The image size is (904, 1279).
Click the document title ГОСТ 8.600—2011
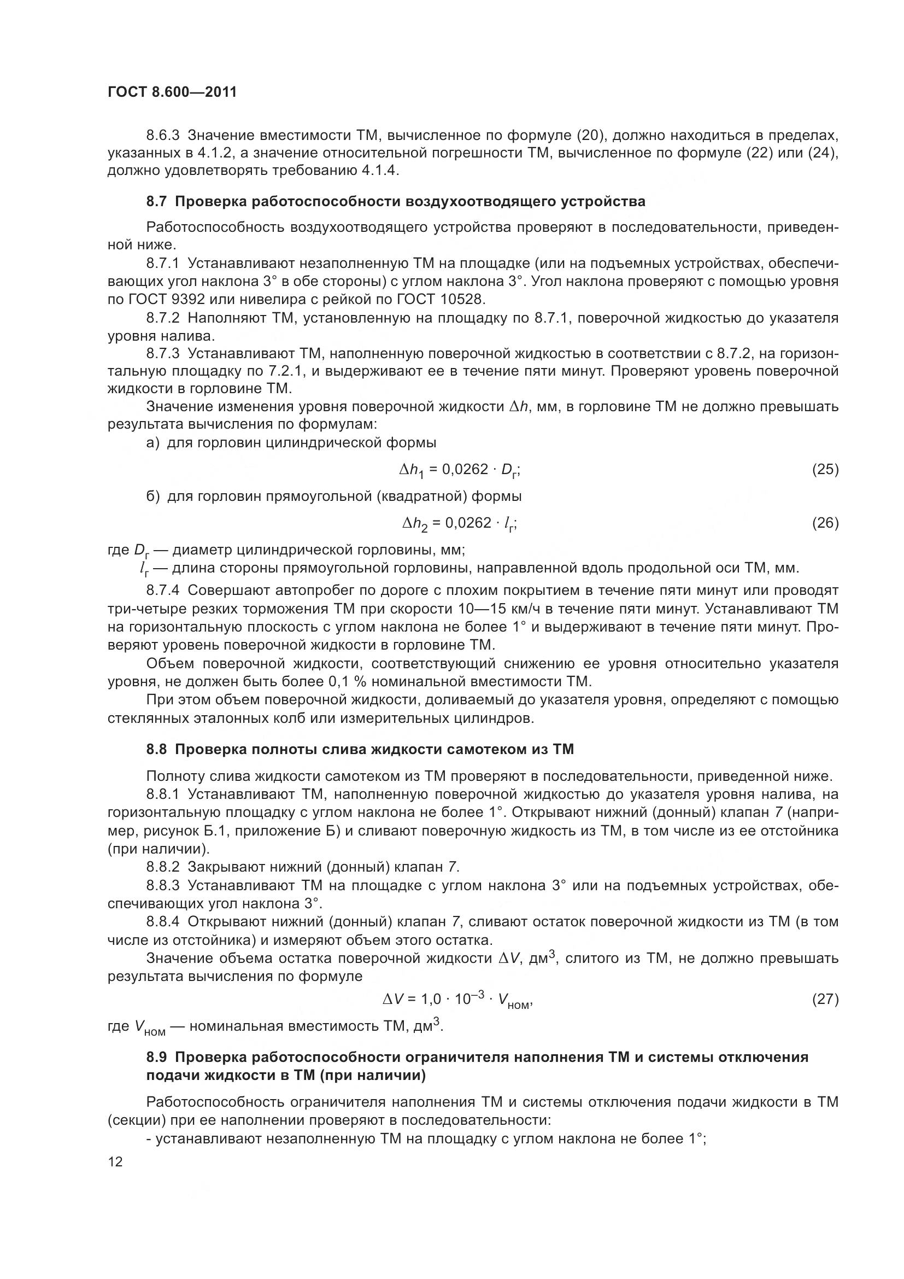pyautogui.click(x=172, y=92)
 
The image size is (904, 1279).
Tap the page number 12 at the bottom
pyautogui.click(x=115, y=1161)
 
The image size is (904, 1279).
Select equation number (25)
pyautogui.click(x=825, y=470)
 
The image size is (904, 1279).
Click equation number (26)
pyautogui.click(x=825, y=523)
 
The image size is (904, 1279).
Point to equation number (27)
pyautogui.click(x=825, y=999)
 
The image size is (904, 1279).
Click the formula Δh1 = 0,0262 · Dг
pyautogui.click(x=460, y=471)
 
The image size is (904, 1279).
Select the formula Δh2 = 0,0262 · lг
pyautogui.click(x=460, y=524)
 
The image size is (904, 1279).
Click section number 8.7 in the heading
pyautogui.click(x=156, y=201)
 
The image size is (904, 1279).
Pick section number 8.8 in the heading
pyautogui.click(x=156, y=749)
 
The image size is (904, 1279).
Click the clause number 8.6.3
pyautogui.click(x=163, y=136)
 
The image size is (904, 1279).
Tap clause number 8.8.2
pyautogui.click(x=163, y=867)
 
